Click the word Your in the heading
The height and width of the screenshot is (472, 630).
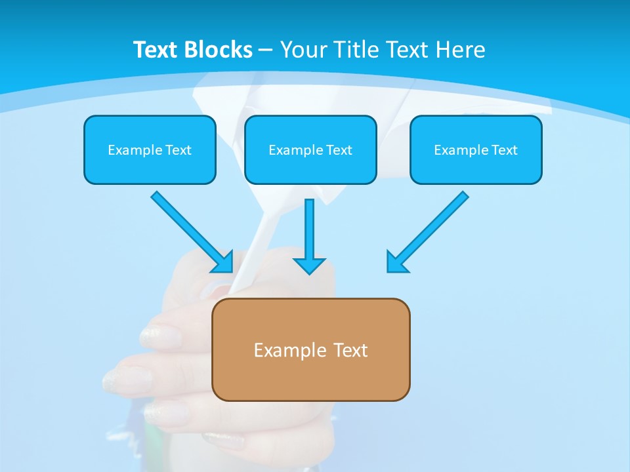click(x=304, y=50)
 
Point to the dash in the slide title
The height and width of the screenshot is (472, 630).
click(x=265, y=50)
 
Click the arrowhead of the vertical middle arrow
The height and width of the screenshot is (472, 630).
click(x=309, y=265)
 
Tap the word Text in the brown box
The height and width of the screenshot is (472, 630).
click(x=351, y=350)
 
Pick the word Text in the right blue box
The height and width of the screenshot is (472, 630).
click(x=504, y=150)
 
